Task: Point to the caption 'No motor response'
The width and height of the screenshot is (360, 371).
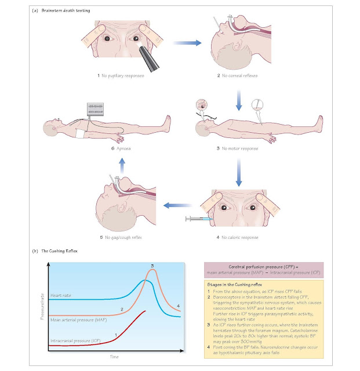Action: point(248,148)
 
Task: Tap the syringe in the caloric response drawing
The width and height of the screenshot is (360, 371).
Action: point(195,219)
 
